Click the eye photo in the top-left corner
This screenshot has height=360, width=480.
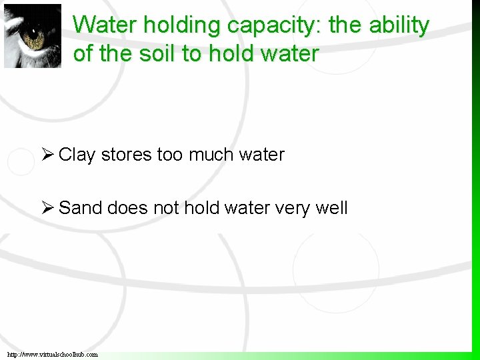click(x=32, y=36)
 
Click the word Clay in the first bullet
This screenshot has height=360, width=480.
click(x=77, y=155)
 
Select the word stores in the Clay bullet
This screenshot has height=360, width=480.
click(x=127, y=155)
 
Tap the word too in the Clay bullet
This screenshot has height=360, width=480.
click(x=170, y=155)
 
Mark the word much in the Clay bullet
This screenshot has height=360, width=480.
click(x=210, y=155)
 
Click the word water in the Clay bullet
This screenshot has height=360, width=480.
click(x=261, y=155)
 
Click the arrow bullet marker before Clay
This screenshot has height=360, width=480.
click(x=47, y=155)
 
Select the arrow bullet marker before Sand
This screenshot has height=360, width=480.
click(x=47, y=208)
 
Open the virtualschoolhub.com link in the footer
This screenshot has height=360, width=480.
click(x=53, y=354)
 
